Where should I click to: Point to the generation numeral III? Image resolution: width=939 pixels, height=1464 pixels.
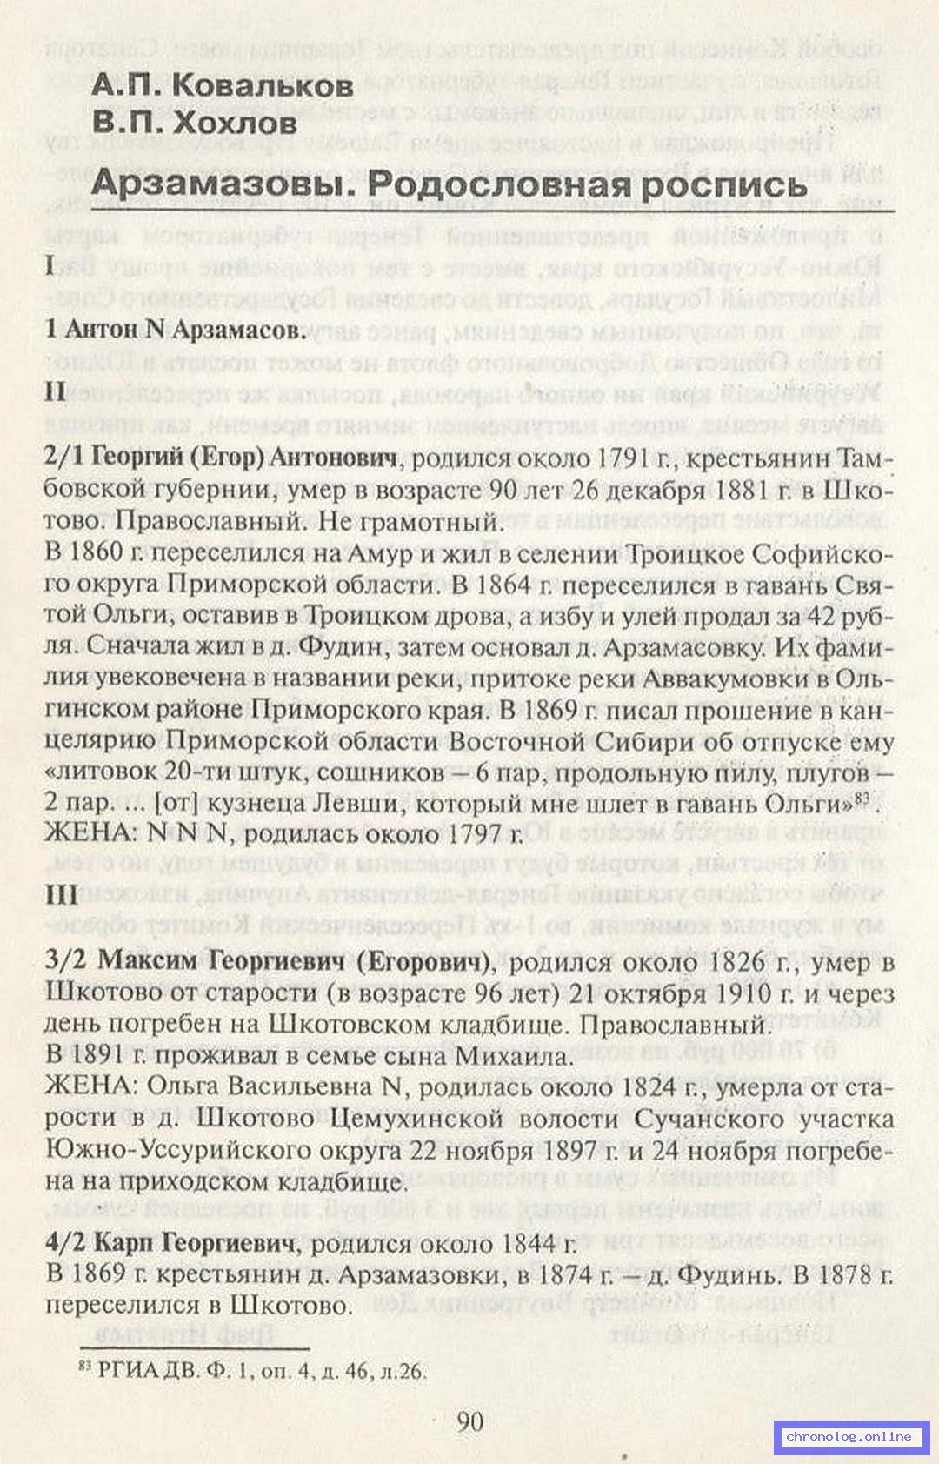click(x=62, y=895)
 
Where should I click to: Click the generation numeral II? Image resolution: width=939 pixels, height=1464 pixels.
click(x=56, y=392)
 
